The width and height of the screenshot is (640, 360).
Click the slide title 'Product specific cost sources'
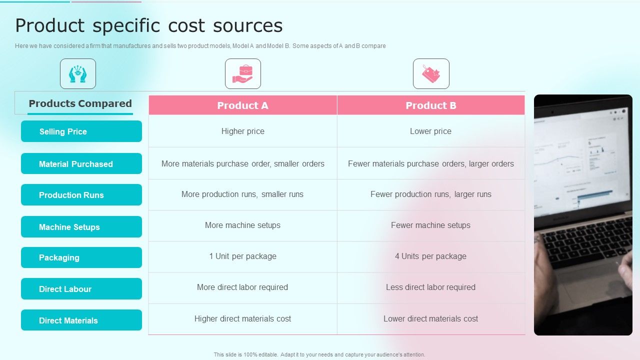(148, 25)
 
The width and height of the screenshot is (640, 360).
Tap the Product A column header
(242, 105)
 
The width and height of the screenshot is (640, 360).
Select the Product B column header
(430, 105)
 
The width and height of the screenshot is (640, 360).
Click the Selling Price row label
(81, 131)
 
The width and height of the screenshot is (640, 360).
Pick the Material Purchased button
(81, 164)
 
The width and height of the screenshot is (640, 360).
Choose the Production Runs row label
(81, 195)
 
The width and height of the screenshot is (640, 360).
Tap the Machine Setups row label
(81, 227)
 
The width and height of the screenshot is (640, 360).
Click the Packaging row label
(81, 257)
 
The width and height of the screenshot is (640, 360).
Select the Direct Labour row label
(81, 289)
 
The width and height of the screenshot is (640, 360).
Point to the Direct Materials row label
(81, 320)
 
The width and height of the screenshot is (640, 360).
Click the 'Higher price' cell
(242, 131)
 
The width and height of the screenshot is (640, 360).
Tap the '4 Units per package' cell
(430, 256)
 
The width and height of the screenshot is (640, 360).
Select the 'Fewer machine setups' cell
(430, 225)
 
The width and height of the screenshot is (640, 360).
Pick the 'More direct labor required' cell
(242, 287)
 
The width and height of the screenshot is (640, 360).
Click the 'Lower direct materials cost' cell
(430, 319)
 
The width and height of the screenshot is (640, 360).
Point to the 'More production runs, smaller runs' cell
(242, 194)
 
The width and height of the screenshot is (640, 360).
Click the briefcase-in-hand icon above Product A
(243, 74)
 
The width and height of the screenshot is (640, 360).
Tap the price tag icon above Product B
(431, 74)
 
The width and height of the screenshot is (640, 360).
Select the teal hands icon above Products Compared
(78, 74)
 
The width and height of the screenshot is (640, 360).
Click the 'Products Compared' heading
(80, 104)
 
